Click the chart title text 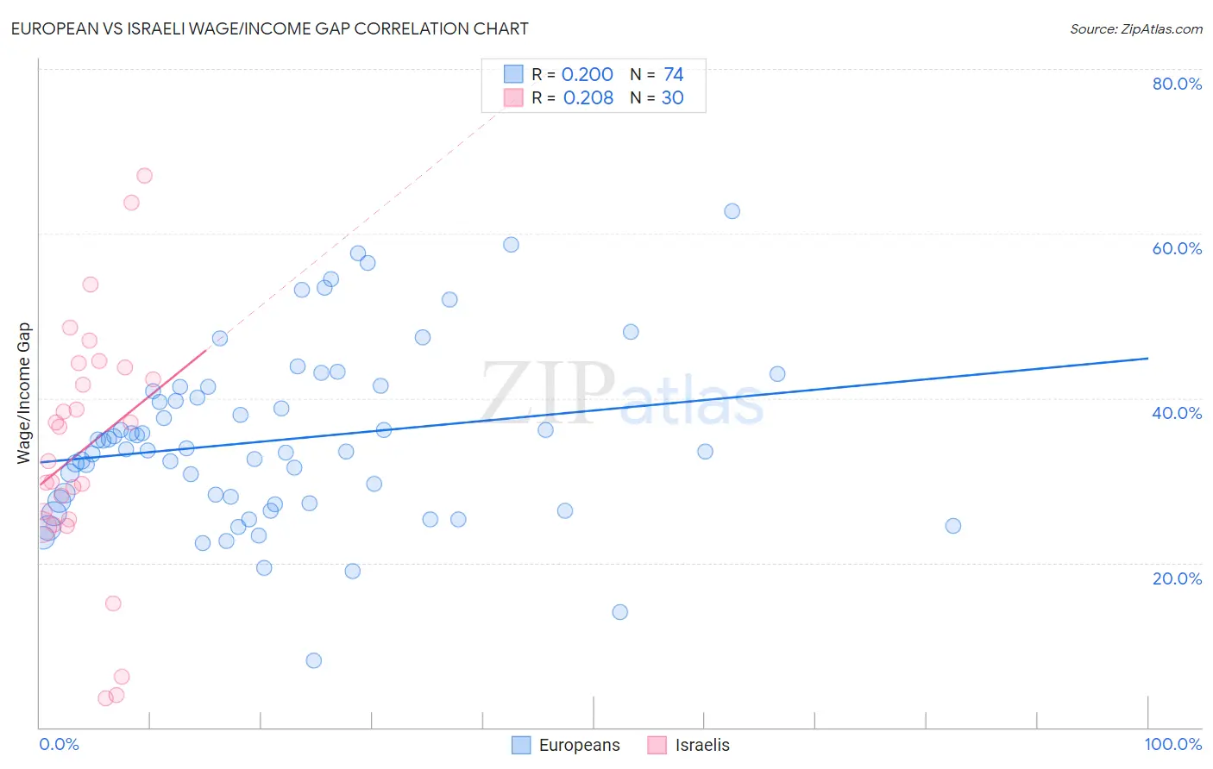click(269, 28)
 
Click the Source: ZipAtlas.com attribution click(1135, 28)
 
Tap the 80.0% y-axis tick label click(1177, 84)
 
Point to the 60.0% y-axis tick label click(1177, 248)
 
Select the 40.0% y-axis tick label click(1177, 413)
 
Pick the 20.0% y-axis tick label click(1177, 578)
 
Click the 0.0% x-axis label click(59, 744)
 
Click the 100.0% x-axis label click(1172, 744)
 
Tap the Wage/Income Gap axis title click(24, 393)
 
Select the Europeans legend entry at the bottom click(566, 745)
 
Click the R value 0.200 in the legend click(587, 75)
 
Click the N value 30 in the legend click(672, 98)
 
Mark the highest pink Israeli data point click(145, 176)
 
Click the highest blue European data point click(732, 211)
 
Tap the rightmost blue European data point click(952, 526)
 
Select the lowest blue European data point click(314, 660)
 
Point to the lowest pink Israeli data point click(106, 698)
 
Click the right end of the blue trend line click(1147, 358)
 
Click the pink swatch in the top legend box click(513, 97)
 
